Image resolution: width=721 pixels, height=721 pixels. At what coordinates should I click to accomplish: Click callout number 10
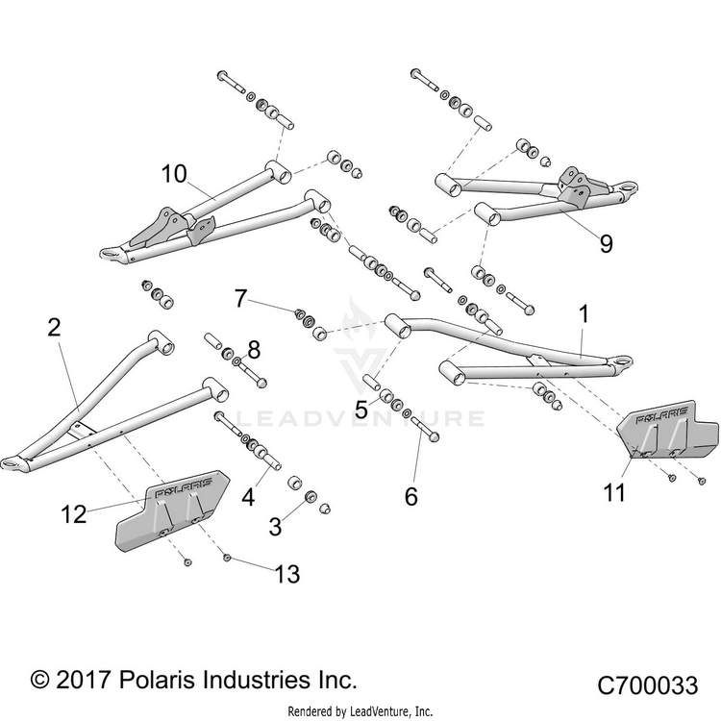pyautogui.click(x=174, y=174)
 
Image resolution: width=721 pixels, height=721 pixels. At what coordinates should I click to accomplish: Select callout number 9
pyautogui.click(x=607, y=243)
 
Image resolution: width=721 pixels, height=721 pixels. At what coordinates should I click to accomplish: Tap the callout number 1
pyautogui.click(x=584, y=315)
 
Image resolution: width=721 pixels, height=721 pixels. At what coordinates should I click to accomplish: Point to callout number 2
pyautogui.click(x=54, y=328)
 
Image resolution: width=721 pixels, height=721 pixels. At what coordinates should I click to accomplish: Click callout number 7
pyautogui.click(x=241, y=298)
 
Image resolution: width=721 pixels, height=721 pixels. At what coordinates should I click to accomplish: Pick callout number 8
pyautogui.click(x=254, y=350)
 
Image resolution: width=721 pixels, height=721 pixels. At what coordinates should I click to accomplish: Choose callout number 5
pyautogui.click(x=361, y=410)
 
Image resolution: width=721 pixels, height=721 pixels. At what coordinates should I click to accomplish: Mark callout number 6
pyautogui.click(x=411, y=497)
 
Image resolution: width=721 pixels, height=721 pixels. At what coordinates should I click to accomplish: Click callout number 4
pyautogui.click(x=248, y=498)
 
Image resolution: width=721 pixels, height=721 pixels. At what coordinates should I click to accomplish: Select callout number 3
pyautogui.click(x=275, y=527)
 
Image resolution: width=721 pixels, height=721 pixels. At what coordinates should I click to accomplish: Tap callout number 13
pyautogui.click(x=287, y=574)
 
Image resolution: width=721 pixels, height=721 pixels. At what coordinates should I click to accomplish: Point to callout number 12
pyautogui.click(x=74, y=514)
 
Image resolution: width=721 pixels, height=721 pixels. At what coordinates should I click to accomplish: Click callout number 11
pyautogui.click(x=614, y=493)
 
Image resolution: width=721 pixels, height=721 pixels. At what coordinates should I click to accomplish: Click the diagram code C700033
pyautogui.click(x=647, y=685)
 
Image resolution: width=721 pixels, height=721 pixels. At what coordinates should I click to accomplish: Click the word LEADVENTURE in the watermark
pyautogui.click(x=360, y=418)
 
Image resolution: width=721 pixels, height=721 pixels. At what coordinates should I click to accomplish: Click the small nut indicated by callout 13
pyautogui.click(x=226, y=558)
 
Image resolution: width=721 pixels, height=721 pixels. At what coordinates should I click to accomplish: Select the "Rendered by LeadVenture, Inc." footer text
pyautogui.click(x=360, y=710)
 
